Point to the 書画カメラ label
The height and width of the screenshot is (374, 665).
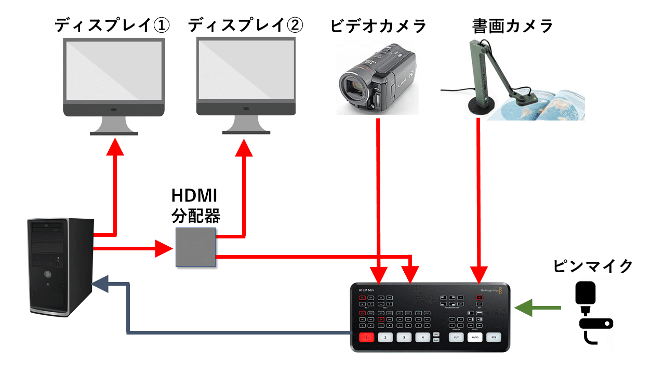[x=512, y=25]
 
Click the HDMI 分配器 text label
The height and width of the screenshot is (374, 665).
[x=195, y=206]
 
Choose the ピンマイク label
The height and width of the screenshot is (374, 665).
[x=593, y=265]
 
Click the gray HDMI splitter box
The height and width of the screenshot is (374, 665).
[x=195, y=248]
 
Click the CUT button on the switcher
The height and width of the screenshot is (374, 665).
[x=456, y=337]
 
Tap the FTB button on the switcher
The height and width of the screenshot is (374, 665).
[x=494, y=337]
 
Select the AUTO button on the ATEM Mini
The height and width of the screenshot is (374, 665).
[x=475, y=337]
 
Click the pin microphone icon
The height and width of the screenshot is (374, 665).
[x=592, y=312]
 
